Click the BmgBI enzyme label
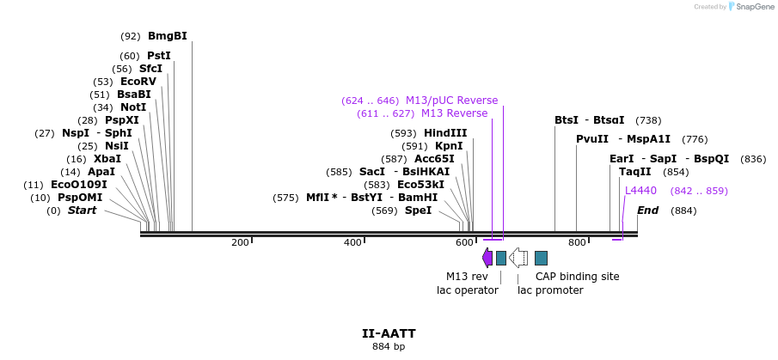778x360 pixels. tap(167, 36)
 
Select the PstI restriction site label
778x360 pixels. tap(159, 56)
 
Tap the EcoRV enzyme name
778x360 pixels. tap(138, 82)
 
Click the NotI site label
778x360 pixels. tap(133, 107)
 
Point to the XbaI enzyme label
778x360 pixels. tap(107, 159)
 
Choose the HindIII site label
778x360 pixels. tap(445, 133)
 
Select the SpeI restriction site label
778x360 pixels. tap(418, 211)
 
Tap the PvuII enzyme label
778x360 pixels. tap(592, 139)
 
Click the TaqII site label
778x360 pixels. tap(635, 172)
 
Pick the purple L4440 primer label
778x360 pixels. tap(640, 191)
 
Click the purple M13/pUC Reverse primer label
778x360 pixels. tap(451, 101)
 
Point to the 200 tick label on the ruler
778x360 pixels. tap(240, 243)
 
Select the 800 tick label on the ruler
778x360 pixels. tap(577, 243)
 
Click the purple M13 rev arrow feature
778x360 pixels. tap(487, 258)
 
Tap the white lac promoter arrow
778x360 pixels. tap(518, 258)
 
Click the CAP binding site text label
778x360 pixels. tap(577, 277)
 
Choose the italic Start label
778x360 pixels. tap(83, 211)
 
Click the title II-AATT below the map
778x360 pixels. tap(389, 333)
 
